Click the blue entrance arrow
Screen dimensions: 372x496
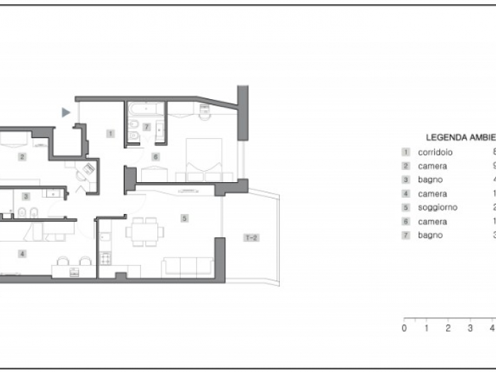[x=66, y=112]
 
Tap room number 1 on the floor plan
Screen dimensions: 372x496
[x=111, y=133]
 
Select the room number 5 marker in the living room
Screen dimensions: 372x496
[x=184, y=218]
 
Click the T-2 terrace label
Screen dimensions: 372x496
[x=251, y=237]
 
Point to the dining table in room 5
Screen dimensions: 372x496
[x=145, y=231]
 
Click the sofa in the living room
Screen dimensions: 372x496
[x=188, y=266]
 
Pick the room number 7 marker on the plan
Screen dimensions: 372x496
[x=147, y=127]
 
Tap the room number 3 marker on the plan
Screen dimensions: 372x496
[x=26, y=196]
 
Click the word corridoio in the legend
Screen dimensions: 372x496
[x=435, y=152]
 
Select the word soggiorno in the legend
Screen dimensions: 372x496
[x=437, y=208]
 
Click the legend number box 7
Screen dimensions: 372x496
[x=405, y=235]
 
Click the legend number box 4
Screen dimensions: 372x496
[x=405, y=193]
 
